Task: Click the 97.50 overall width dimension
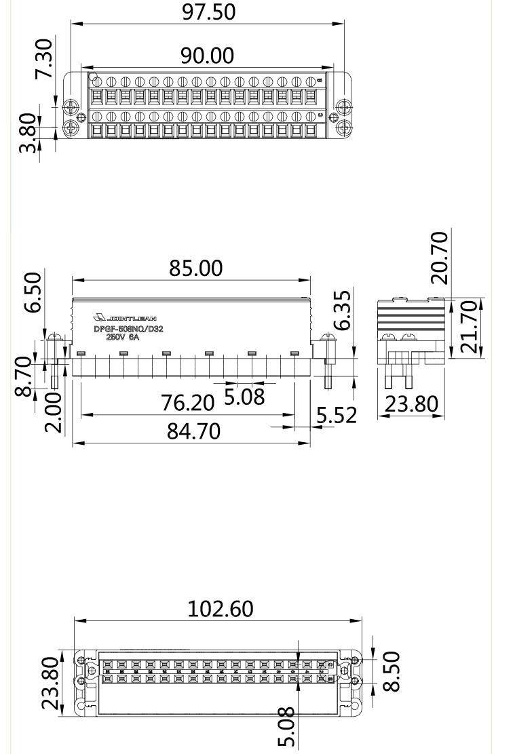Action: pyautogui.click(x=208, y=12)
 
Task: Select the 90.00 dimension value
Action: pyautogui.click(x=206, y=55)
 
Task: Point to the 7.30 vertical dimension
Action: pyautogui.click(x=44, y=58)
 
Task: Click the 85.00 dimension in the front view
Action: pyautogui.click(x=195, y=269)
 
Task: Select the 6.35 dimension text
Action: pyautogui.click(x=345, y=311)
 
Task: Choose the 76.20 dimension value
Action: pyautogui.click(x=187, y=403)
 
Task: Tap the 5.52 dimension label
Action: pyautogui.click(x=337, y=415)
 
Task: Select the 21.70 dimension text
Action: pyautogui.click(x=469, y=328)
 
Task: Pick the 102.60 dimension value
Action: pyautogui.click(x=220, y=609)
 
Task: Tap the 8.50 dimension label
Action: pyautogui.click(x=392, y=671)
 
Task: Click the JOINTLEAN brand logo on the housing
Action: pyautogui.click(x=126, y=317)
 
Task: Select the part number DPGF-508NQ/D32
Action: pyautogui.click(x=128, y=330)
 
